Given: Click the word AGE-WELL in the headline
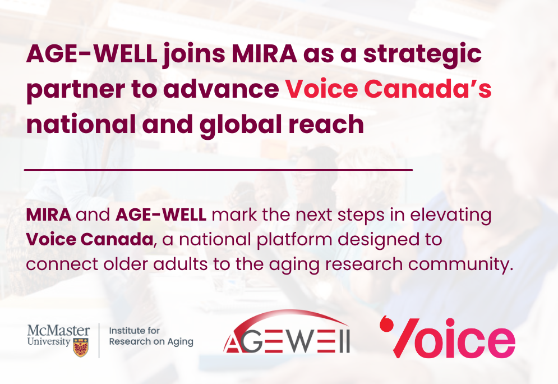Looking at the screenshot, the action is [92, 54].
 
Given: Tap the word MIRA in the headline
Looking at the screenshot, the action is [264, 54].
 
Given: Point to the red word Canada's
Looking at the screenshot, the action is [427, 89].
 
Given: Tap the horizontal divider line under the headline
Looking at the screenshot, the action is [218, 170].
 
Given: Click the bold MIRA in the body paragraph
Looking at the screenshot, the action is [48, 215].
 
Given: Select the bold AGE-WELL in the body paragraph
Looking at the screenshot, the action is [161, 215].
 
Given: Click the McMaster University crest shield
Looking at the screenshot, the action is [81, 348].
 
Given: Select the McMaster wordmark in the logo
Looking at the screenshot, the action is [58, 330].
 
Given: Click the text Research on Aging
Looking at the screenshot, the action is [151, 341].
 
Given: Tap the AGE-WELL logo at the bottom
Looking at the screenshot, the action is [287, 332].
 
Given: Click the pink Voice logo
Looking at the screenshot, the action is [448, 337].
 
